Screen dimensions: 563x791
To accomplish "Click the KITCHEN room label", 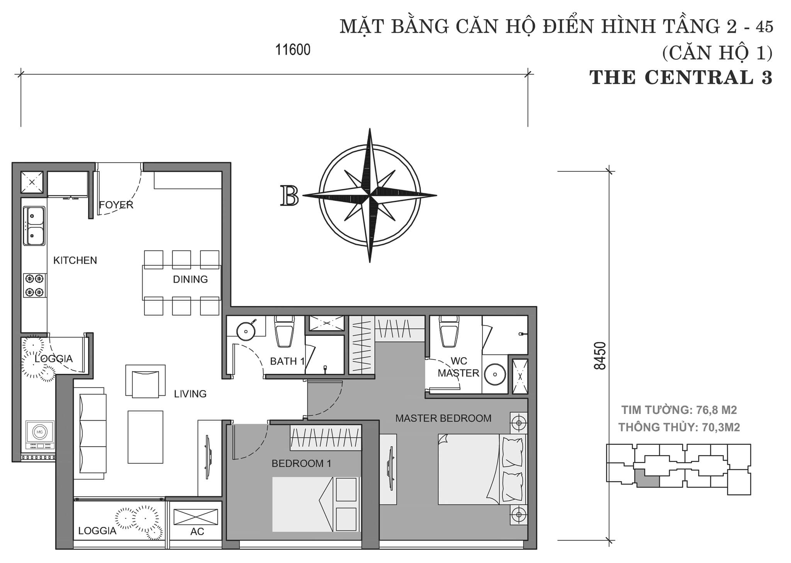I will pyautogui.click(x=75, y=260).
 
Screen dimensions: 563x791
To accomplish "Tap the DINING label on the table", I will pyautogui.click(x=190, y=279).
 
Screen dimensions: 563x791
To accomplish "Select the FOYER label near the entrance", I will pyautogui.click(x=116, y=205).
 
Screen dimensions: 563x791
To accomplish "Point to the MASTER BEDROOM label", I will pyautogui.click(x=443, y=418).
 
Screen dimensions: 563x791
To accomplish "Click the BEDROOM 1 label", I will pyautogui.click(x=301, y=463).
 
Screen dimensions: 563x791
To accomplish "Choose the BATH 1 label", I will pyautogui.click(x=287, y=361).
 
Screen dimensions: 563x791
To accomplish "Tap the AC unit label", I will pyautogui.click(x=197, y=531).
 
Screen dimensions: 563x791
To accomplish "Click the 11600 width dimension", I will pyautogui.click(x=292, y=50).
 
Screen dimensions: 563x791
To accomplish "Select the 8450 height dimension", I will pyautogui.click(x=601, y=356).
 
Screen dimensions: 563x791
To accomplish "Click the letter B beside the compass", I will pyautogui.click(x=290, y=196).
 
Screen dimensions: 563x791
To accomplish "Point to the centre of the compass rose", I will pyautogui.click(x=370, y=195).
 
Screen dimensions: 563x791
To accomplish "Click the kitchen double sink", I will pyautogui.click(x=34, y=226).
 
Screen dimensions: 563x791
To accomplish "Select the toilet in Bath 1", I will pyautogui.click(x=284, y=331).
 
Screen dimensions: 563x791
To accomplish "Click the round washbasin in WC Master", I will pyautogui.click(x=495, y=374).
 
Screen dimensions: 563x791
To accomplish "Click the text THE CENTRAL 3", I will pyautogui.click(x=681, y=77).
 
